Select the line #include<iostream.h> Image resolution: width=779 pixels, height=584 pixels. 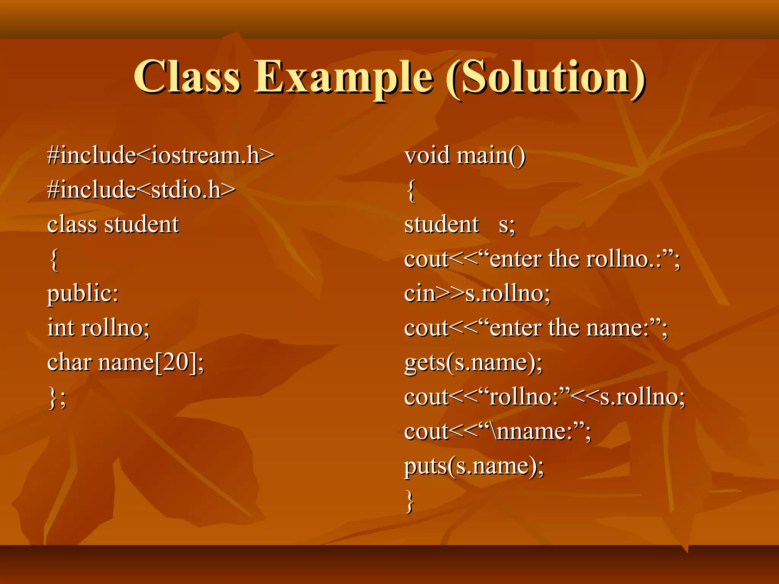(x=160, y=156)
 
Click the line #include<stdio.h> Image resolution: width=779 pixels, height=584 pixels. (x=141, y=190)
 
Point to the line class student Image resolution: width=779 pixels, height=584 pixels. (x=113, y=224)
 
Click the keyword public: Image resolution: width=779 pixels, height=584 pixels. (x=83, y=294)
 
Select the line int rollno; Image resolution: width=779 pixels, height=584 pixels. (x=99, y=328)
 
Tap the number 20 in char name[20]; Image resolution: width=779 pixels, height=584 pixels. (x=176, y=362)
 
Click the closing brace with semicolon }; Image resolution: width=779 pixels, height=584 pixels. (x=57, y=398)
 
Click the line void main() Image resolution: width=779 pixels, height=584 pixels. (x=465, y=156)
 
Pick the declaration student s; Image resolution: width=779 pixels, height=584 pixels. (x=459, y=224)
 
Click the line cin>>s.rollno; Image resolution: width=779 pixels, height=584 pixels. (x=477, y=294)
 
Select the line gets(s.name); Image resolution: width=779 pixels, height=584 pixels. (x=473, y=362)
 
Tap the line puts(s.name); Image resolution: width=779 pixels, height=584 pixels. (x=474, y=466)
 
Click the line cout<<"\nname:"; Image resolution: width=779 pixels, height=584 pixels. (x=498, y=432)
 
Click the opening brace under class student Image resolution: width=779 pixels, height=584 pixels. (x=54, y=260)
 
